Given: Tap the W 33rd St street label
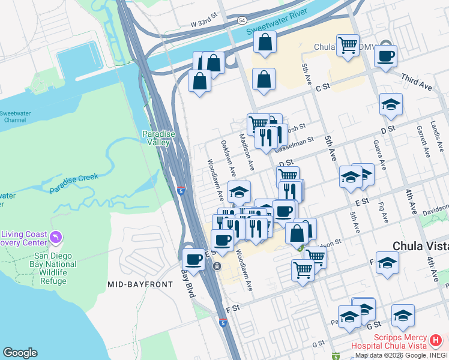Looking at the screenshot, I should point(203,23).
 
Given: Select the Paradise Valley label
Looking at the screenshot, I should point(158,138).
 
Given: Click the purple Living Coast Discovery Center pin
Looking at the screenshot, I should point(56,238).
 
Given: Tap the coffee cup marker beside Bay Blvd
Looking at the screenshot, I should point(194,259).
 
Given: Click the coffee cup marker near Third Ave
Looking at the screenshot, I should point(385,56).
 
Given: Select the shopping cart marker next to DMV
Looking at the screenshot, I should point(348,45).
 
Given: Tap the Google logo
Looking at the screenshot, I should point(20,353).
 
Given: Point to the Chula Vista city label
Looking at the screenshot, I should point(420,247).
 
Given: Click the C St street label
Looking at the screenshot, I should point(323,87).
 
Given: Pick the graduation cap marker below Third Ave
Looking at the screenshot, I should point(391,104).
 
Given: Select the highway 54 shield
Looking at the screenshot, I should point(241,20).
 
